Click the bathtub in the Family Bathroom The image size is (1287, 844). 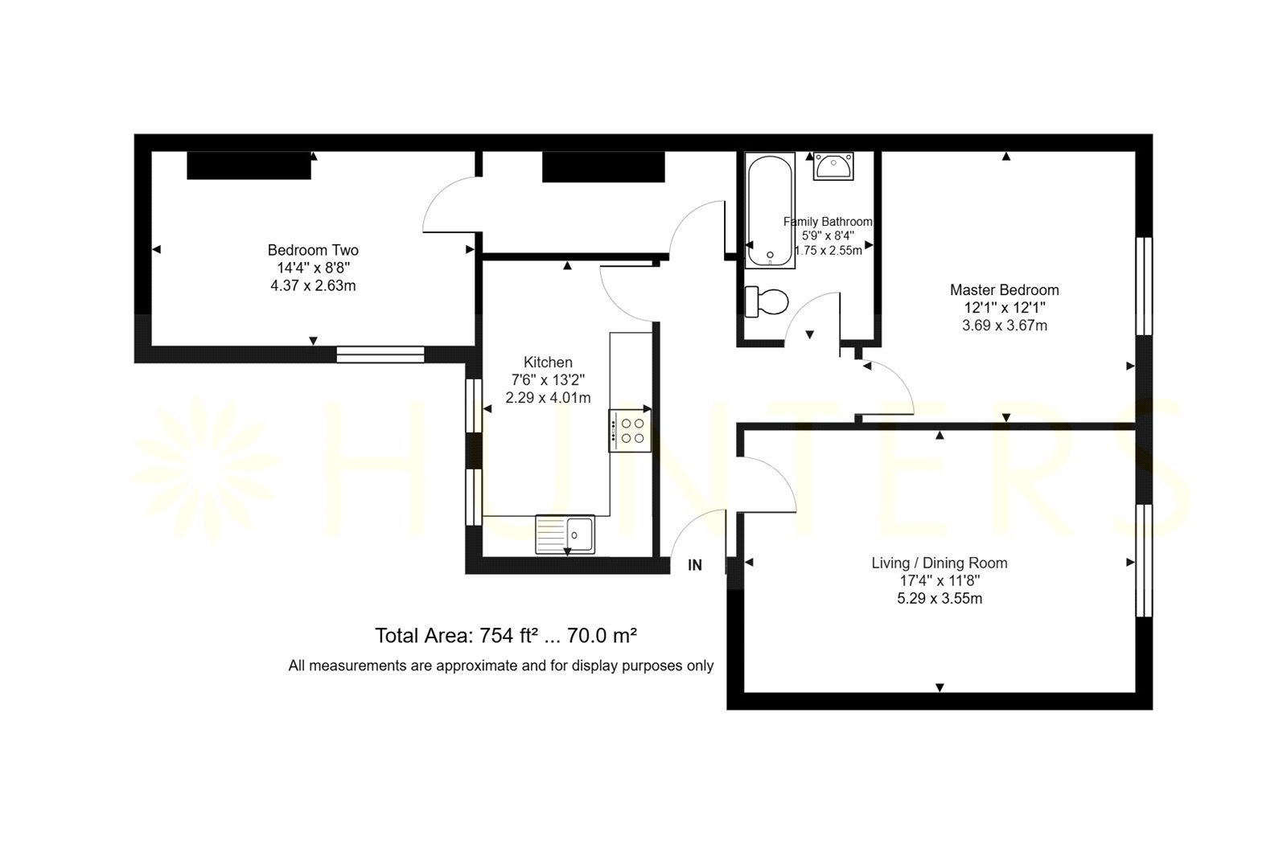coord(770,210)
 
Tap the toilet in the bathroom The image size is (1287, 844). coord(767,302)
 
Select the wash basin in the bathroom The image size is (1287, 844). coord(833,166)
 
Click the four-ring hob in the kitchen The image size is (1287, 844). coord(631,431)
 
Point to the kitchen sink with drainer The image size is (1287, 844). coord(565,535)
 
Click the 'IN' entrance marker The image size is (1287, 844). coord(695,566)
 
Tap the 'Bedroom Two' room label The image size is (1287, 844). coord(313,250)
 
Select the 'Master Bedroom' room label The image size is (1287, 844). coord(1005,290)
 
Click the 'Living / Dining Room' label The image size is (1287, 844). coord(940,563)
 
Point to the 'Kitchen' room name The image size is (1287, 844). coord(548,363)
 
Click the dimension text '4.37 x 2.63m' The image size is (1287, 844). coord(313,285)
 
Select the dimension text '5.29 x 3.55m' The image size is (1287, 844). coord(940,599)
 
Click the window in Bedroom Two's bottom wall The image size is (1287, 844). coord(380,354)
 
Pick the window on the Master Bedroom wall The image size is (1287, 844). coord(1145,286)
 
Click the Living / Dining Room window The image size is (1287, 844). coord(1145,560)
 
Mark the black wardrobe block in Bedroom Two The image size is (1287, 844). coord(249,166)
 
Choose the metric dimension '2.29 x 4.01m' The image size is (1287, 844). coord(548,398)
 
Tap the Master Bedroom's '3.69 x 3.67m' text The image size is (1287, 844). coord(1005,326)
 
